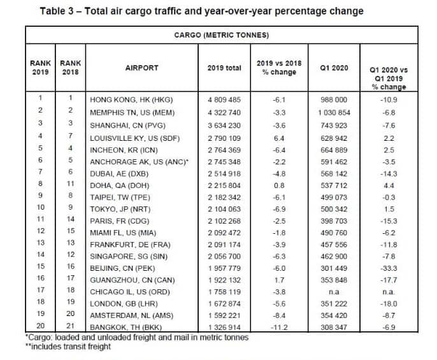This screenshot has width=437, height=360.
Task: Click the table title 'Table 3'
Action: pos(57,11)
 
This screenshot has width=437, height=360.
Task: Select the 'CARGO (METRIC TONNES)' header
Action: pos(222,35)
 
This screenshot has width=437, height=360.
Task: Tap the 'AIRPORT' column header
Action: pos(141,68)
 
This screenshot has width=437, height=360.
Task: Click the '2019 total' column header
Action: pos(224,68)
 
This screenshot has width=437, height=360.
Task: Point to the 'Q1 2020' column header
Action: pos(334,68)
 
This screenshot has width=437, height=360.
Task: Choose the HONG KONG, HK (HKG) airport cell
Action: pos(131,100)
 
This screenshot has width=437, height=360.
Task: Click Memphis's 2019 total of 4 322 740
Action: pos(224,113)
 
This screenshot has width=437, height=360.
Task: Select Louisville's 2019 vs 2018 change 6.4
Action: pos(279,138)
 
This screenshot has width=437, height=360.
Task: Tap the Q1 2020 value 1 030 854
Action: pos(334,113)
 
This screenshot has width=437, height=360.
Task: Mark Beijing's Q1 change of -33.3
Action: pos(389,268)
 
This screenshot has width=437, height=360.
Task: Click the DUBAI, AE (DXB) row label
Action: pos(119,174)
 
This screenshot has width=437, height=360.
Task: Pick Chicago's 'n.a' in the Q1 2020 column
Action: pos(334,292)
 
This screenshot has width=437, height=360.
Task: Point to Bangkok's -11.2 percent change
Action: pos(279,327)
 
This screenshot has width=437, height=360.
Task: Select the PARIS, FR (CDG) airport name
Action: pos(120,221)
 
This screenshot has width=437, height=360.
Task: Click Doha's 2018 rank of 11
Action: pos(71,184)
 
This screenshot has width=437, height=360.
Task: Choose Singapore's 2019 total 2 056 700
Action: pos(224,257)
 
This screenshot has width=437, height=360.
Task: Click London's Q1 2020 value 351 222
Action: pos(334,304)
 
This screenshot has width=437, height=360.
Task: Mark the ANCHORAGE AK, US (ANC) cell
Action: pos(139,162)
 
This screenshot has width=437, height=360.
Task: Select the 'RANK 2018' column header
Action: pos(71,68)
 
